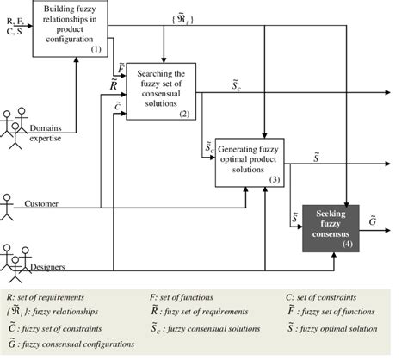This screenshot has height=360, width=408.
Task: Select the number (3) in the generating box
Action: (275, 180)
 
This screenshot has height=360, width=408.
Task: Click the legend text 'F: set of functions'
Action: (187, 295)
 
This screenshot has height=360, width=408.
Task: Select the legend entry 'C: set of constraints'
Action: (325, 295)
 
